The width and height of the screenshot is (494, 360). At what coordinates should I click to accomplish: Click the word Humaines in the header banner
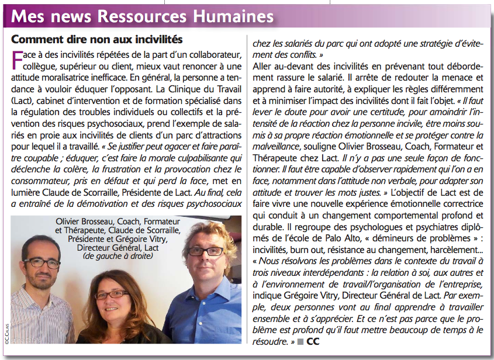(x=228, y=16)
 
